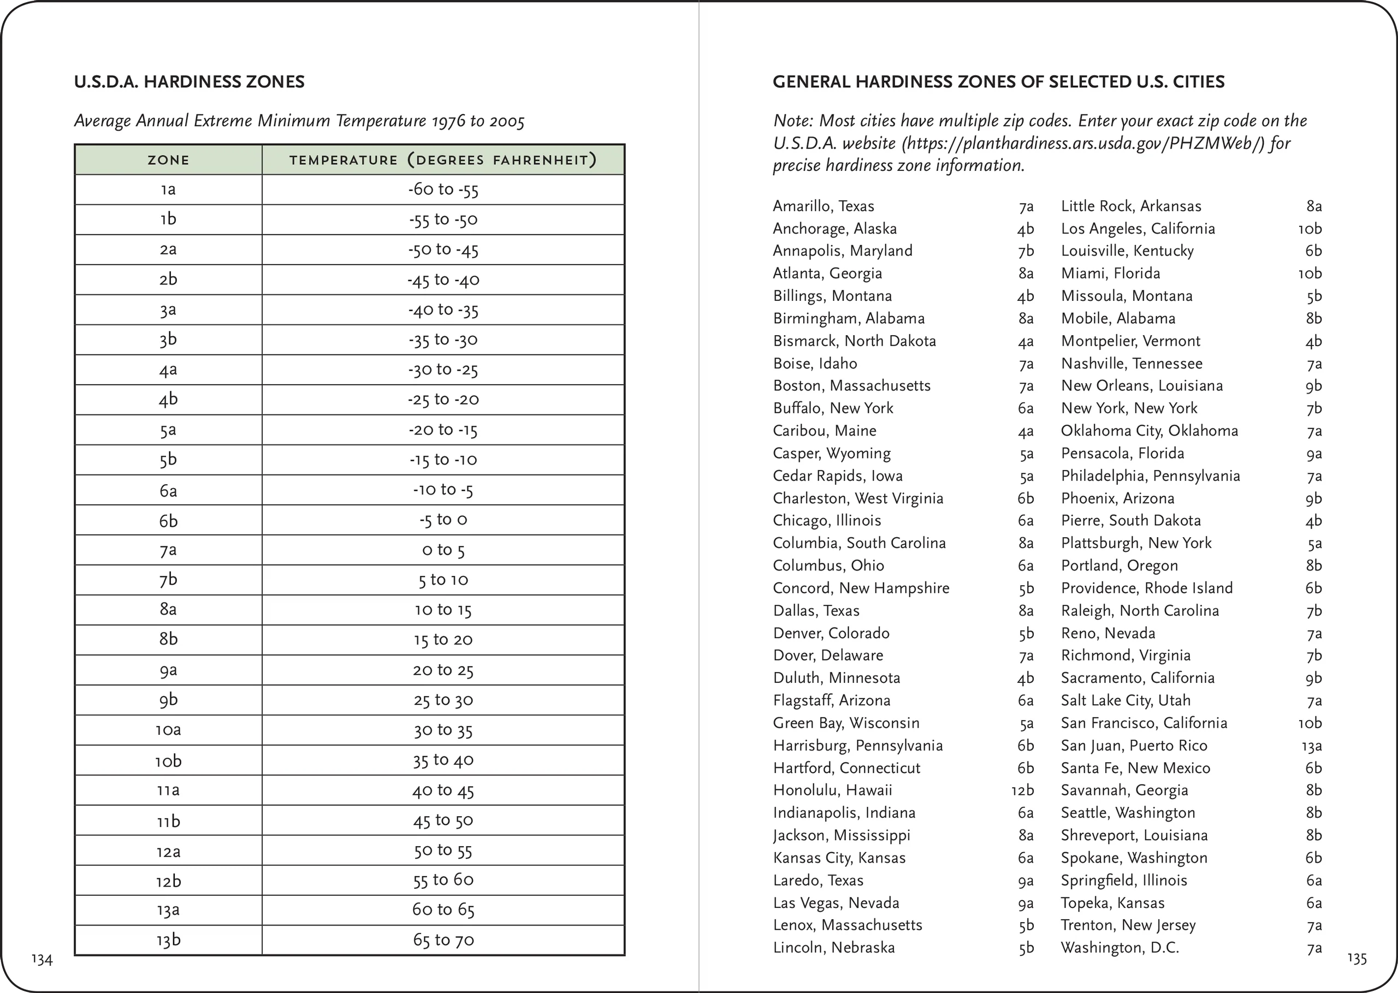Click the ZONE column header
coord(168,160)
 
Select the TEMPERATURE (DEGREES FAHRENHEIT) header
coord(443,160)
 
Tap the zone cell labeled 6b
coord(168,520)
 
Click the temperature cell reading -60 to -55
coord(443,189)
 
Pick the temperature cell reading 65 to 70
coord(443,941)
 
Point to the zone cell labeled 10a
coord(168,730)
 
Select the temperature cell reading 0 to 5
coord(443,550)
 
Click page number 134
coord(42,959)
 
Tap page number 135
coord(1356,958)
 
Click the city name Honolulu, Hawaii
coord(832,790)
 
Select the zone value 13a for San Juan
coord(1312,746)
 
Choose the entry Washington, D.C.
coord(1119,948)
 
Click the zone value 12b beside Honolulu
coord(1022,790)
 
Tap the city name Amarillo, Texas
coord(823,206)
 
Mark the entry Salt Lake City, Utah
coord(1125,700)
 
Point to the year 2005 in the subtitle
coord(507,121)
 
